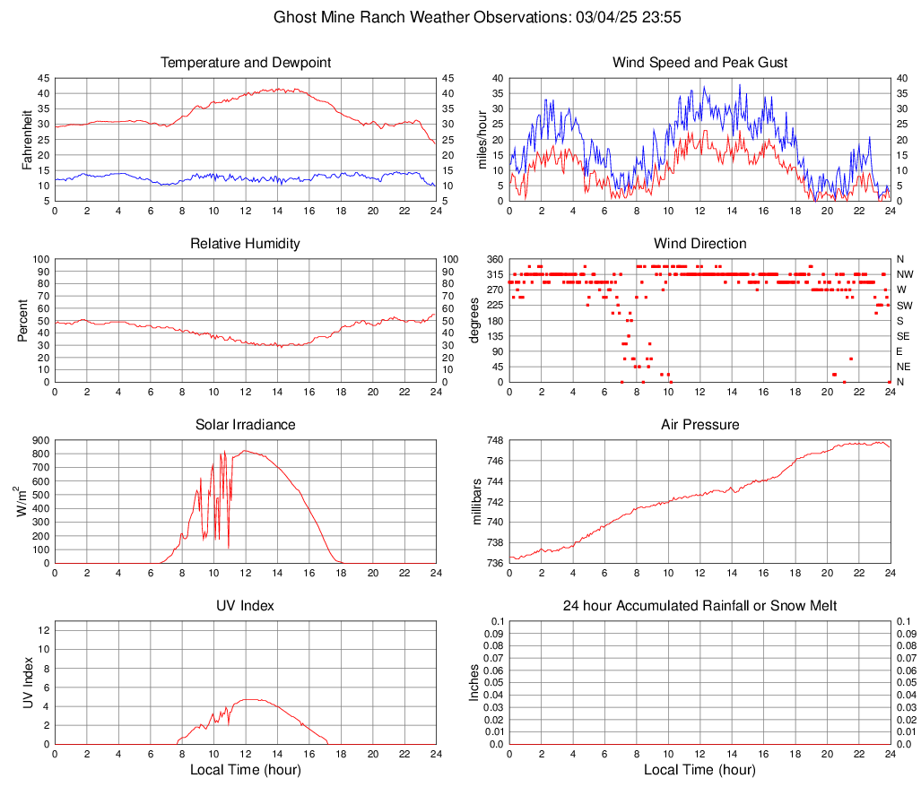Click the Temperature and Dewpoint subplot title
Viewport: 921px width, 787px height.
pos(246,63)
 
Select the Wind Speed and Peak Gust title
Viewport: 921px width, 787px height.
pos(699,63)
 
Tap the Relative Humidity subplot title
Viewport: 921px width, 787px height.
pos(246,244)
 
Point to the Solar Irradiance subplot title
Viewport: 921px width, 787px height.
pos(246,425)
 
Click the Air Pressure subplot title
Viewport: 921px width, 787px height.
pos(699,425)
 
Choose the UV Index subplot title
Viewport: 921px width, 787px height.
pos(246,606)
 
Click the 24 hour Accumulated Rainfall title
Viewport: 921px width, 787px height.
pos(699,606)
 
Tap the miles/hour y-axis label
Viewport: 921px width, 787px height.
pos(482,139)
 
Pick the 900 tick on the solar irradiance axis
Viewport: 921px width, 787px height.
pos(40,441)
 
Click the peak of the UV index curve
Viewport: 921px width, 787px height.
pos(248,699)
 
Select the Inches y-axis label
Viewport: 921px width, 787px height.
pos(476,683)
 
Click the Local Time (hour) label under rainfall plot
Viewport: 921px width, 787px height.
pos(699,770)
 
